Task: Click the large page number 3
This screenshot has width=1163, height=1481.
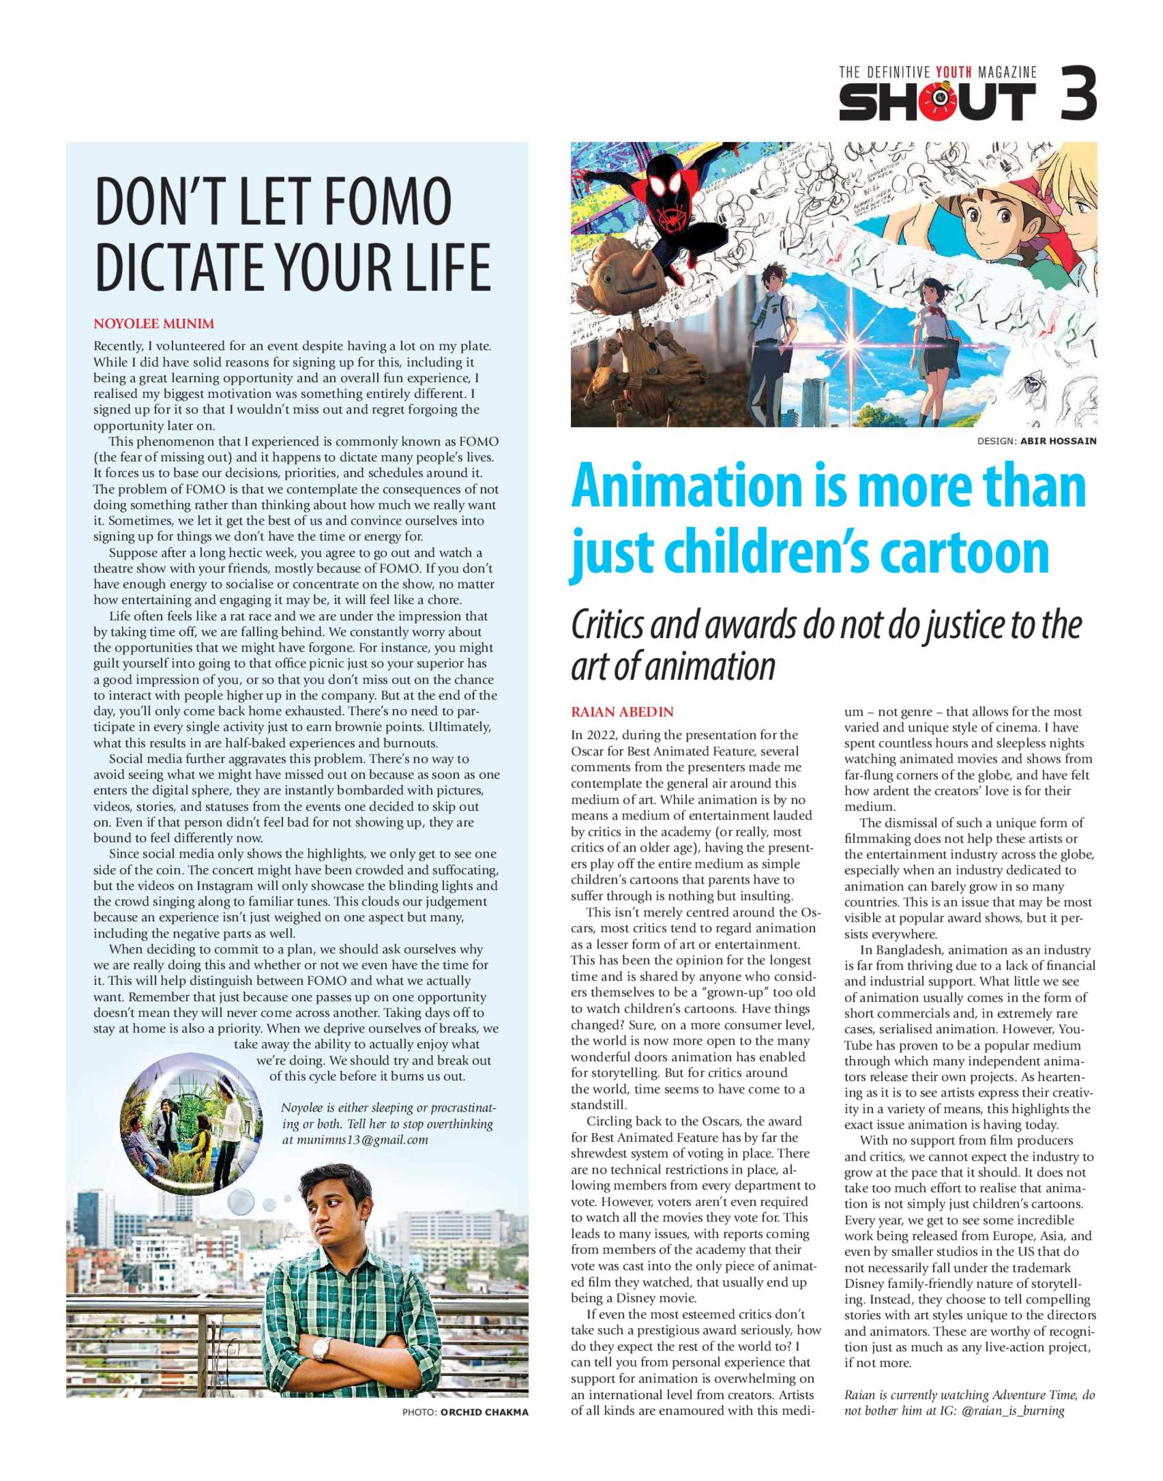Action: point(1078,93)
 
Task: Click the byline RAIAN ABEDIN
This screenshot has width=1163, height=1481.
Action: point(622,712)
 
